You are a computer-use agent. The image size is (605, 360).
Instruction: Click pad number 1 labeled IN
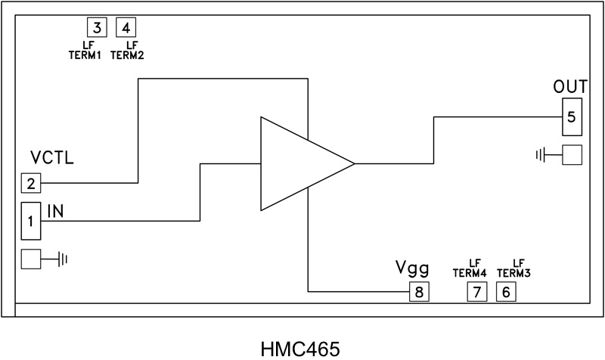point(30,221)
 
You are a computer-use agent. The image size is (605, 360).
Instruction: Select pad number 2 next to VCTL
point(30,182)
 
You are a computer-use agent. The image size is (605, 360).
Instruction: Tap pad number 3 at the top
point(96,28)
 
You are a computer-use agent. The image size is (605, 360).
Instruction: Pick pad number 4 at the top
point(126,28)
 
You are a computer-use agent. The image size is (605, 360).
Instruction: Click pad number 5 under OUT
point(571,117)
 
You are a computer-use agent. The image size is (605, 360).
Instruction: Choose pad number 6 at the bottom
point(506,291)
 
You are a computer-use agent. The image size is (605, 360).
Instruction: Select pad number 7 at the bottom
point(476,291)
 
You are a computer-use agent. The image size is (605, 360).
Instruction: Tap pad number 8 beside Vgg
point(419,291)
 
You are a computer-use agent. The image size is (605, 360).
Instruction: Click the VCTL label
point(51,158)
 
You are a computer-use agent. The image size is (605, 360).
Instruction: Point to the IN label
point(55,210)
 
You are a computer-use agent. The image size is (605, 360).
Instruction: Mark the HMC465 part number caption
point(300,348)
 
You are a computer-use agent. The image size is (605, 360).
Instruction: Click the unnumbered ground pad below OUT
point(572,156)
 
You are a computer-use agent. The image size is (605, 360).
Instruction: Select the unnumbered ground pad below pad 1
point(30,259)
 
